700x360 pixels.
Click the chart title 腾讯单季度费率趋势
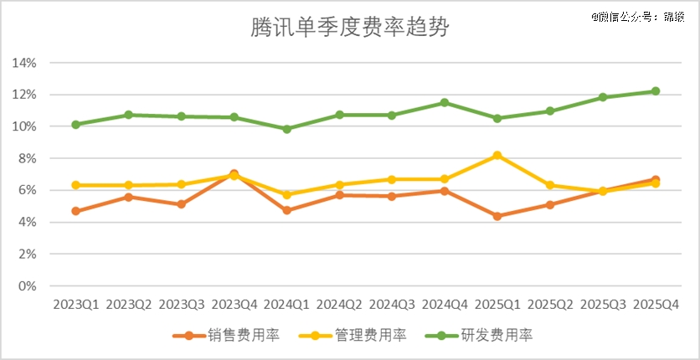click(350, 28)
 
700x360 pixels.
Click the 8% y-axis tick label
click(27, 158)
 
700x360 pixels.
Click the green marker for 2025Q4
click(656, 91)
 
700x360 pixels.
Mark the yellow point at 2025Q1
click(497, 156)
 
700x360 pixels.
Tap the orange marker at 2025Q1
click(497, 216)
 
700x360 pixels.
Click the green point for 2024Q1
click(287, 129)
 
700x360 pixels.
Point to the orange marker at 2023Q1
click(76, 211)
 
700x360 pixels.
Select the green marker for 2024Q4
click(445, 103)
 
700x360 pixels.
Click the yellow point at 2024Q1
click(287, 194)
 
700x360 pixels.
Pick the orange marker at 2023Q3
click(182, 204)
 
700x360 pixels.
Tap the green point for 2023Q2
click(129, 115)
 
